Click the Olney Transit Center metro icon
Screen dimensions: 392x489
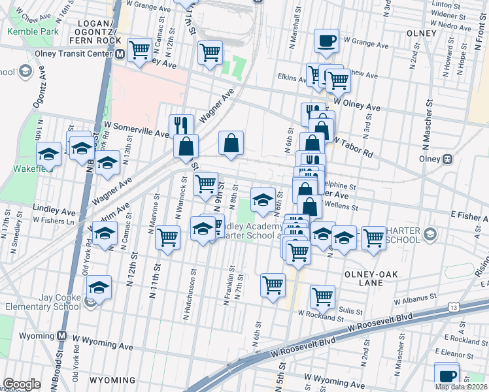coord(120,55)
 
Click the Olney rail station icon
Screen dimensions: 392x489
coord(448,159)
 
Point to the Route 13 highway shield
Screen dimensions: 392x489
coord(453,306)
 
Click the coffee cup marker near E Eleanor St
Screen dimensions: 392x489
coord(447,376)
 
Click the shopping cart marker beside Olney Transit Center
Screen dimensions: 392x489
coord(140,50)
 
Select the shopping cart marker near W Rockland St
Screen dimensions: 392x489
coord(322,296)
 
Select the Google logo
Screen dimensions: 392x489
coord(22,384)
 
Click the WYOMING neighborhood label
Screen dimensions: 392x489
coord(112,380)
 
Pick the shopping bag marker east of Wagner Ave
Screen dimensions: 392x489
coord(231,143)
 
